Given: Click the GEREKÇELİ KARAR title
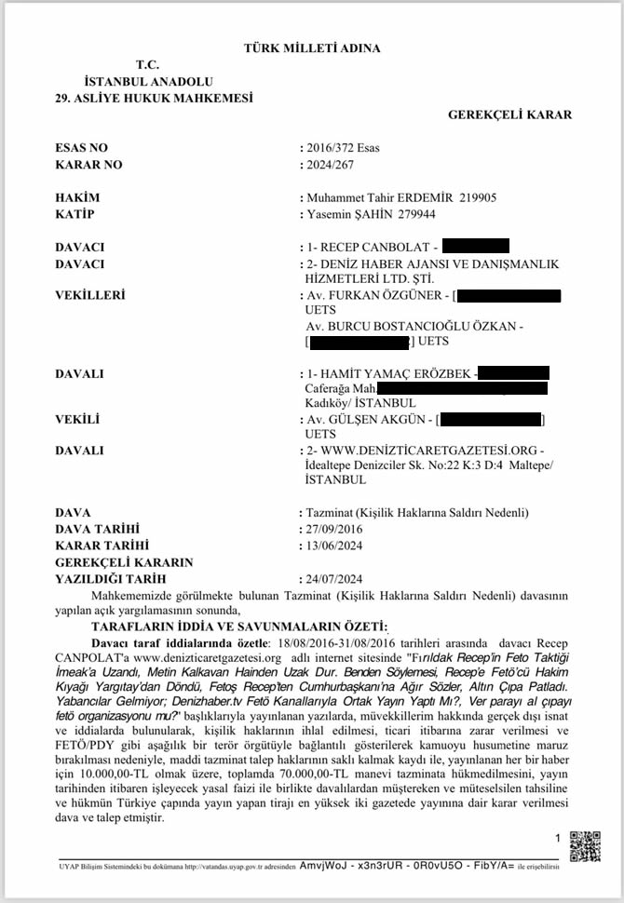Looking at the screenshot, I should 509,115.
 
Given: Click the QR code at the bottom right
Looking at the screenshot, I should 584,842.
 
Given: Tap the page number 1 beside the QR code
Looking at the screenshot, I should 558,838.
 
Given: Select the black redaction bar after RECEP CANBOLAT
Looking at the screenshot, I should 475,248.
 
